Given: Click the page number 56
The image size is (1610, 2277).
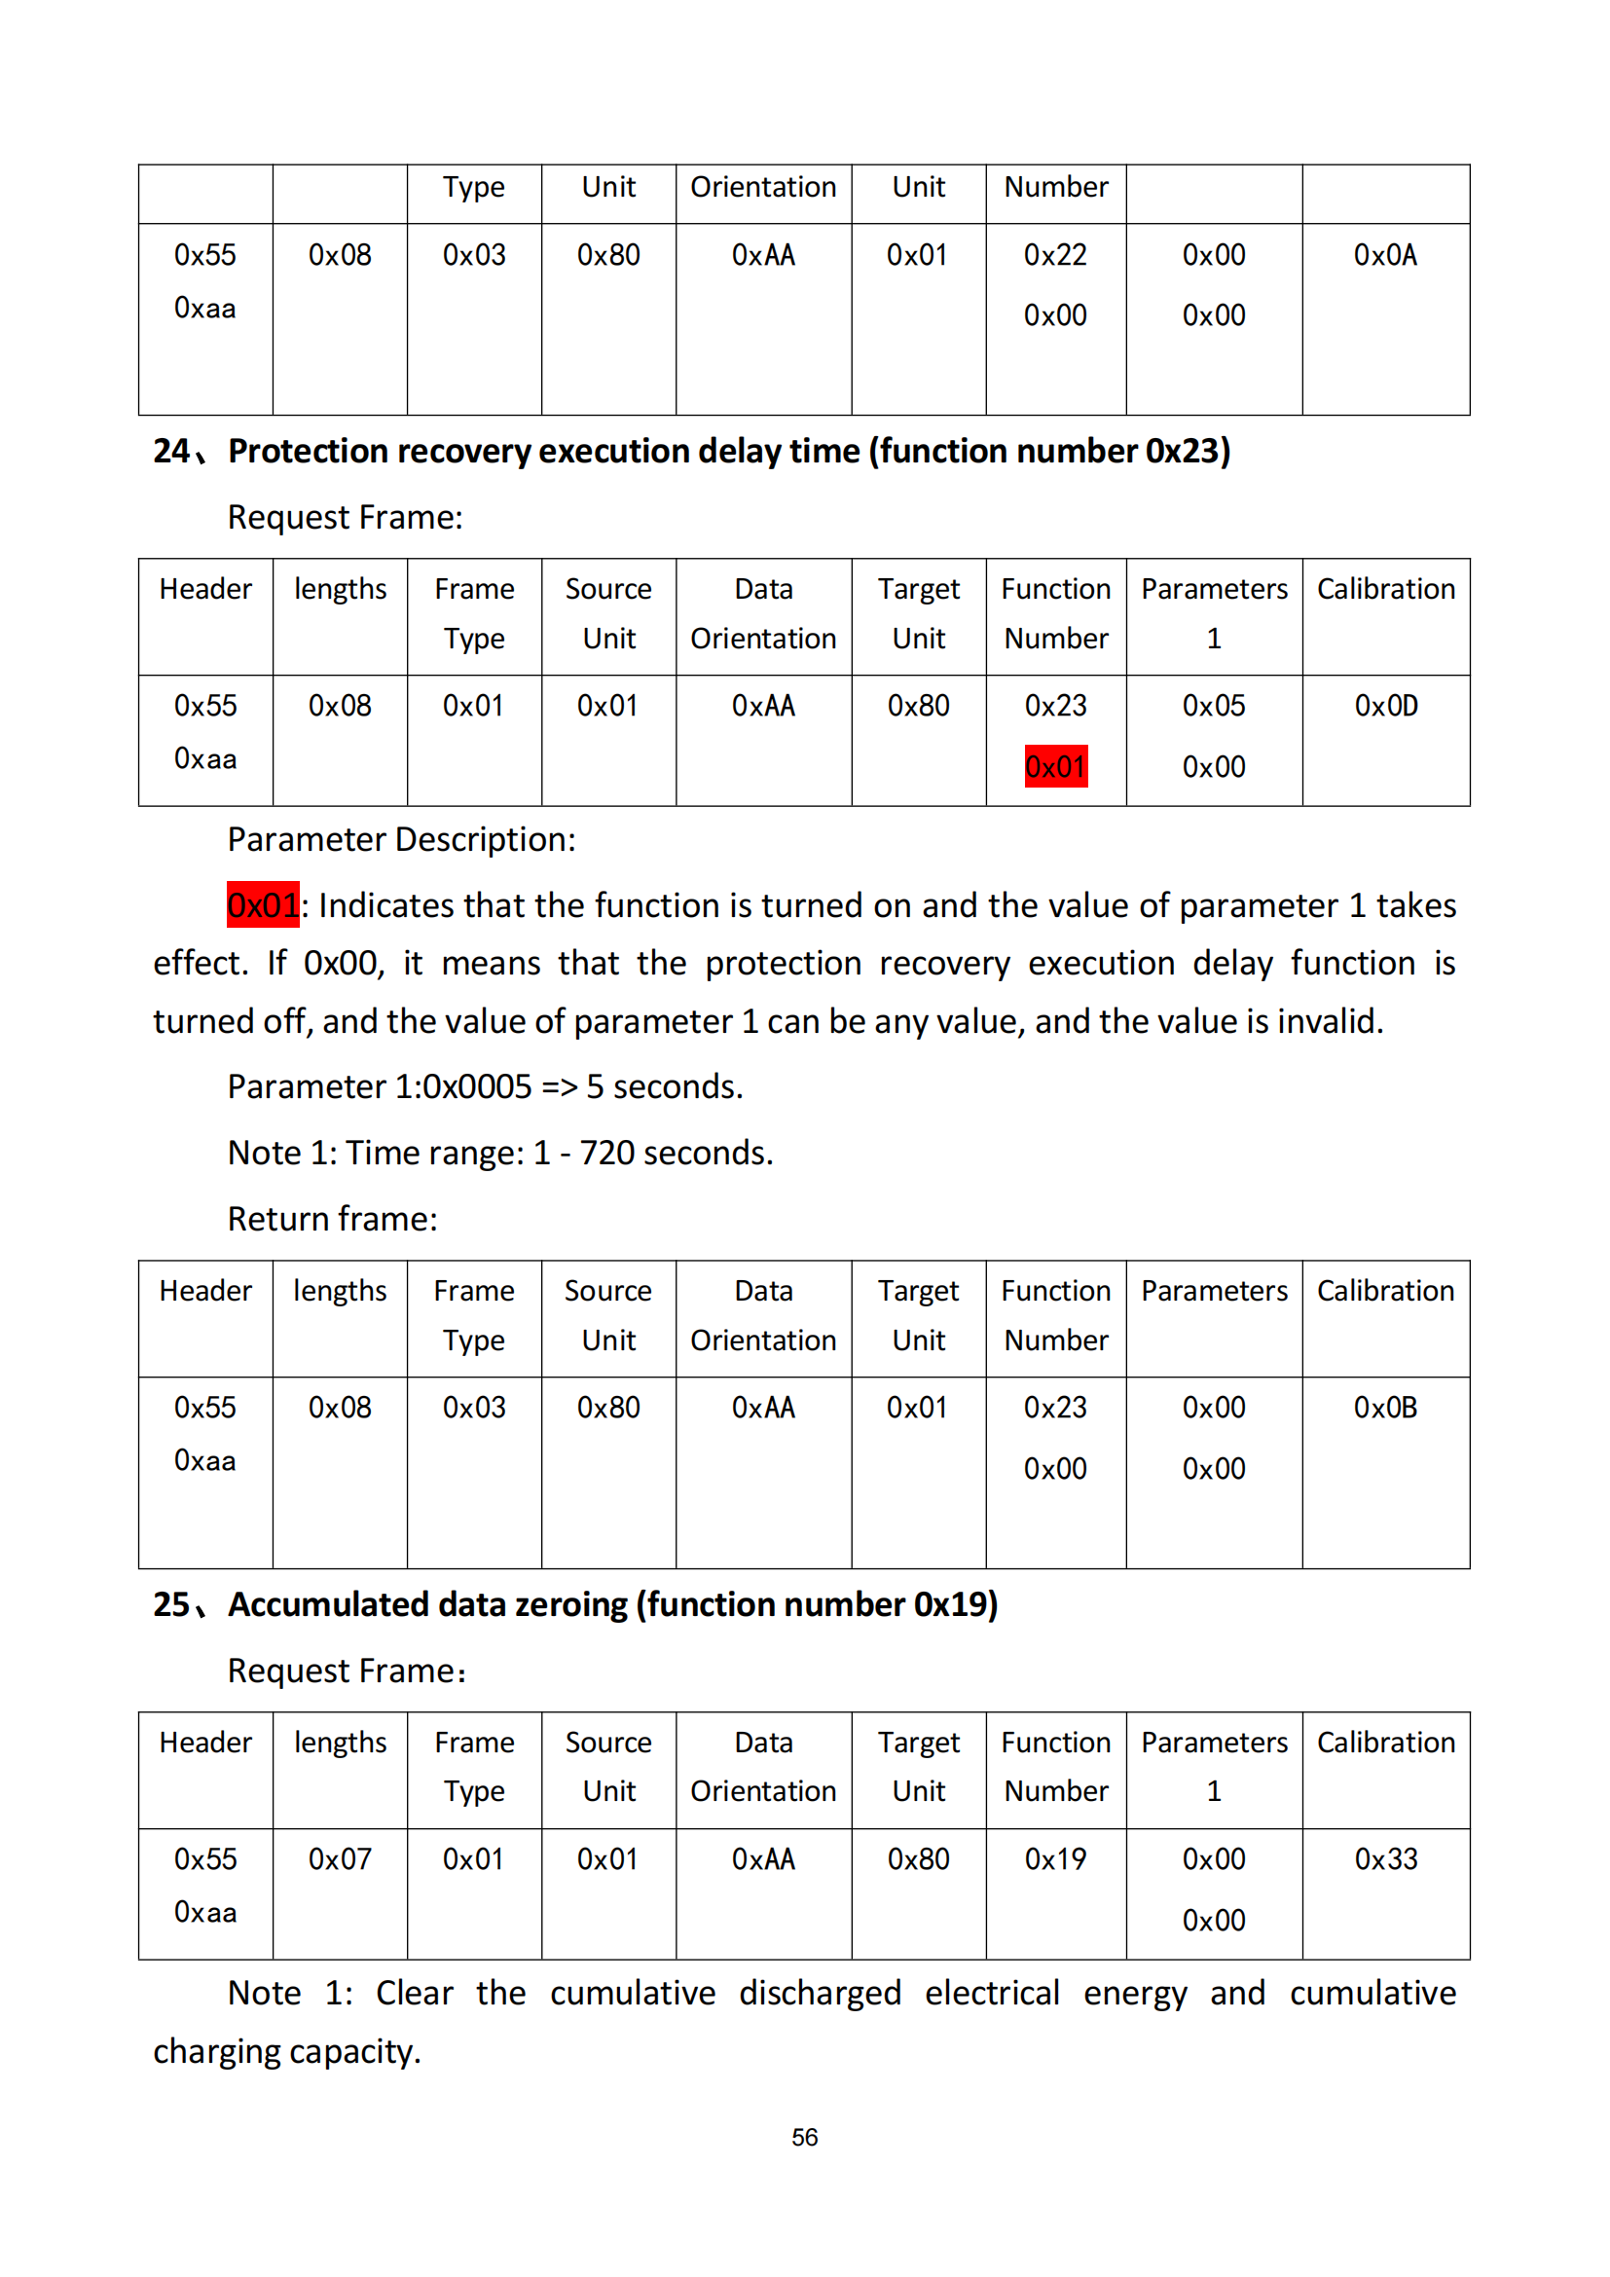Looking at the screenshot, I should click(804, 2137).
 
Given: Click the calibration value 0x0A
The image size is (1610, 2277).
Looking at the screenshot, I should click(1385, 256).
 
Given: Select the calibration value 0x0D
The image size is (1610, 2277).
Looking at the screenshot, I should click(1385, 706).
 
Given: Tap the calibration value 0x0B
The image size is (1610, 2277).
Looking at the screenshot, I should click(1385, 1408).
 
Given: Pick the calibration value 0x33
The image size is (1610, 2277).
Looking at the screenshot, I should click(1385, 1858).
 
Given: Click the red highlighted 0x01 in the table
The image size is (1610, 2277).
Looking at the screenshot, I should click(1056, 766).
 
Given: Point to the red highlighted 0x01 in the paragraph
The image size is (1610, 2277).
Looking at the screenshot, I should click(263, 905).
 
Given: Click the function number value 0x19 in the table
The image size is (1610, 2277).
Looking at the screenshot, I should click(1055, 1858).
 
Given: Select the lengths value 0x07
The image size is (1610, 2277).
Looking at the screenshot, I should click(339, 1858).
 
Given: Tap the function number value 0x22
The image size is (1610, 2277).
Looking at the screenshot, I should click(1055, 256).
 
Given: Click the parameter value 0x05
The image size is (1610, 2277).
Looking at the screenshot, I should click(1214, 706).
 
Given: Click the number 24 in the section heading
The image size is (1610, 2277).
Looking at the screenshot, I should click(171, 452).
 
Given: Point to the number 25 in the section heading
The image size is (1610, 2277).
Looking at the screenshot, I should click(171, 1604).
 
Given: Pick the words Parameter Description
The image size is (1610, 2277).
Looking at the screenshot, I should click(400, 840).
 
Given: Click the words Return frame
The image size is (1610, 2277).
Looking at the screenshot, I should click(332, 1219).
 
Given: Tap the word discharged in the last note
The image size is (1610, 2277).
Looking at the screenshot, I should click(820, 1994).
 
